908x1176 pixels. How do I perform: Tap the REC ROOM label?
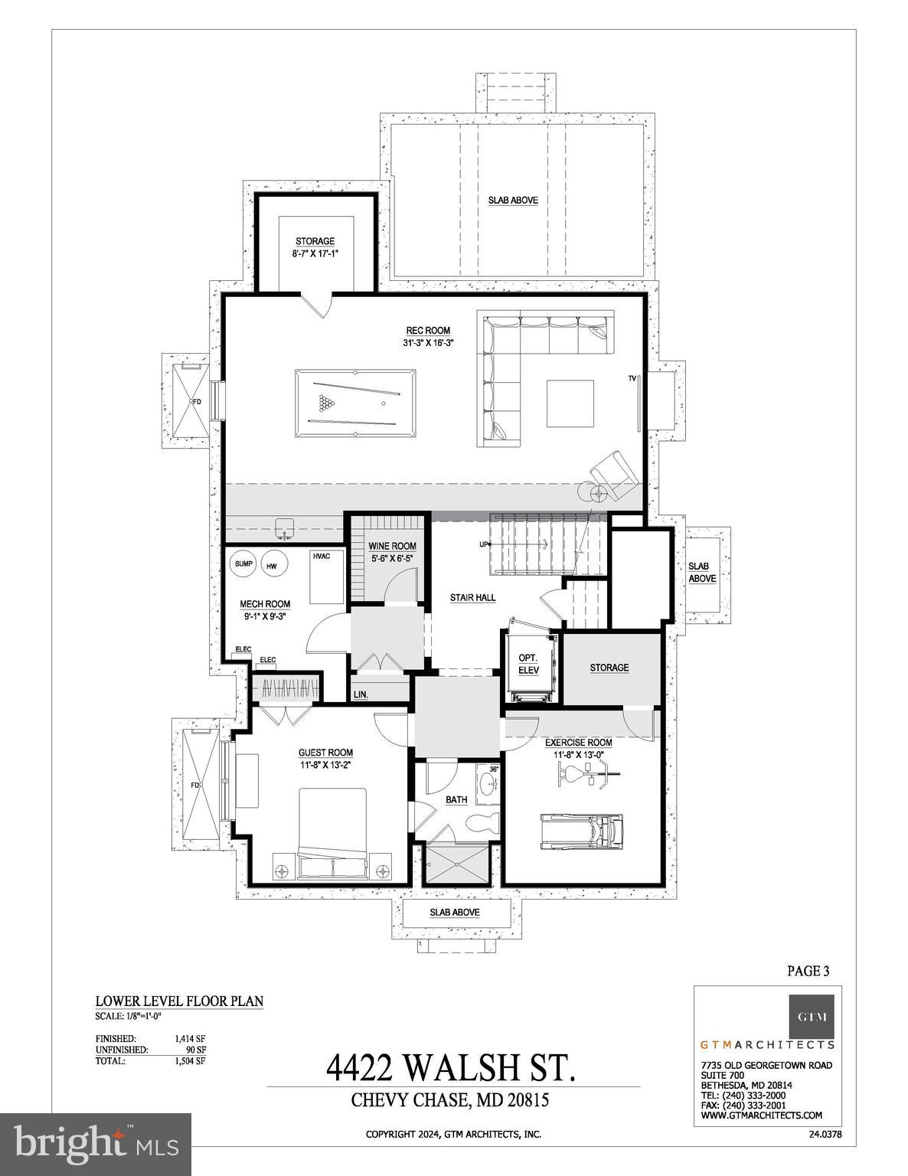pos(427,331)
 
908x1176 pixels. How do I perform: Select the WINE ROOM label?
pos(392,546)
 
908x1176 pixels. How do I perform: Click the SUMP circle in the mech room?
pos(243,564)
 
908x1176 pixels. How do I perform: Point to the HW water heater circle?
pos(272,566)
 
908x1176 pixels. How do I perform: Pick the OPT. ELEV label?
pos(528,664)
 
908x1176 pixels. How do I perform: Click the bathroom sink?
pos(486,784)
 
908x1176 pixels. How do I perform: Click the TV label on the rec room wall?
pos(632,378)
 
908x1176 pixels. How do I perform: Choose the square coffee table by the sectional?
pos(570,403)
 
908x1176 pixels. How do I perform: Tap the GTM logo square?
pos(812,1017)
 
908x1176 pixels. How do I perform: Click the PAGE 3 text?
pos(808,971)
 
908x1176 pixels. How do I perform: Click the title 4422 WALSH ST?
pos(452,1067)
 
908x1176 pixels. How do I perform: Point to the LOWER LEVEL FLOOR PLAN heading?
pos(179,1001)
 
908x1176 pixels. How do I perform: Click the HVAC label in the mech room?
pos(321,556)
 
